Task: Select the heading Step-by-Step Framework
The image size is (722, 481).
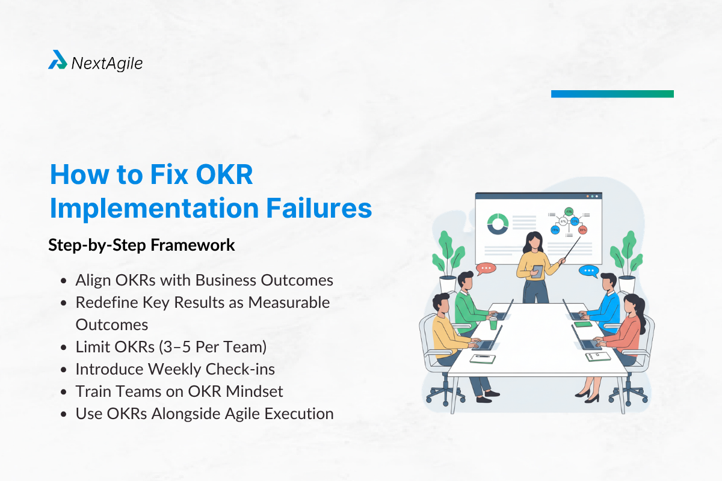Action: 141,245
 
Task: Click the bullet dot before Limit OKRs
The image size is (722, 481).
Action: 64,348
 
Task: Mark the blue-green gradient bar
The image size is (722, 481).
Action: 612,94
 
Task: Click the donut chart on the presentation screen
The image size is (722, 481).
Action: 498,224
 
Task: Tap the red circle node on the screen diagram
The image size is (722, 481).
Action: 582,230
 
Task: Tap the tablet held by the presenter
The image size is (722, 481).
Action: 538,271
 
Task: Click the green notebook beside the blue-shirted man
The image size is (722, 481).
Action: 582,325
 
